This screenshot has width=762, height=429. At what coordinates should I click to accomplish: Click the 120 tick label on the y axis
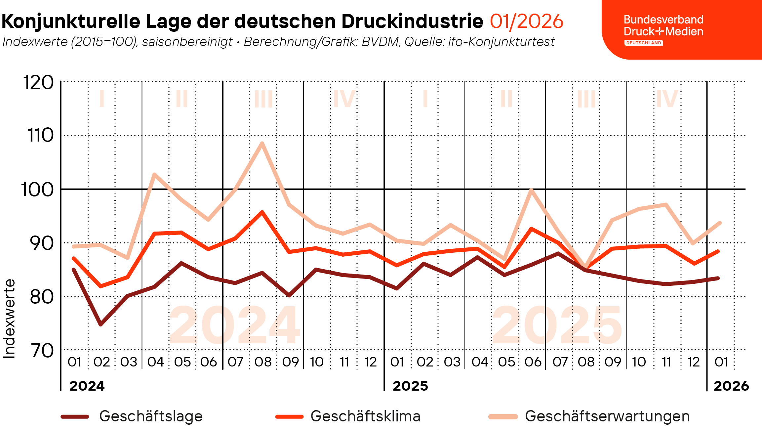(38, 82)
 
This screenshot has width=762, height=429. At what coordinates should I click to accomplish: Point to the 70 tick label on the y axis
(42, 351)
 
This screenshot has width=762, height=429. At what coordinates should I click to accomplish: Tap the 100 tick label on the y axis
(37, 190)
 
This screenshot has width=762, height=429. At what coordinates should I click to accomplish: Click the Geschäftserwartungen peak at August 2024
(262, 143)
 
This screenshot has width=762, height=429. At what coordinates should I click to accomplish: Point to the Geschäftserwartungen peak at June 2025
(531, 190)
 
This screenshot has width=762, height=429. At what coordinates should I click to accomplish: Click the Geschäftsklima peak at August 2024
(262, 212)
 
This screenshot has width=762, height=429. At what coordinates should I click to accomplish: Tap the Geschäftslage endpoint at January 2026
(718, 278)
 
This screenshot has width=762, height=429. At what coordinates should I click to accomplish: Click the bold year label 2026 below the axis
(731, 386)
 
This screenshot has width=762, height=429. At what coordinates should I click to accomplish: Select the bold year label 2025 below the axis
(410, 386)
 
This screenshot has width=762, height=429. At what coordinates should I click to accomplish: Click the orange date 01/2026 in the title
(526, 21)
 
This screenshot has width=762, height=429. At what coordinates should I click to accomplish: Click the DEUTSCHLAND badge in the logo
(643, 43)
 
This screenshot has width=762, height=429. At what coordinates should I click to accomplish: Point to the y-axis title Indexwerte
(9, 319)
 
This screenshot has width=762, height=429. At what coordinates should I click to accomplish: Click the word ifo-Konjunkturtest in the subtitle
(501, 42)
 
